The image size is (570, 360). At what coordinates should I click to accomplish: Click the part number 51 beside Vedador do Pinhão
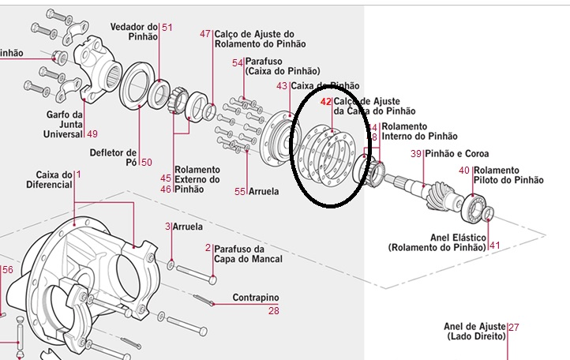[167, 27]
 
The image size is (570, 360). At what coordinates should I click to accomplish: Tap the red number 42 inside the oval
[326, 102]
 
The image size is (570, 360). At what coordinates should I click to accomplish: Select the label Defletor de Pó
[113, 157]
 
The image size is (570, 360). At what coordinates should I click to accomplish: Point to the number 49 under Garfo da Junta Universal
[92, 133]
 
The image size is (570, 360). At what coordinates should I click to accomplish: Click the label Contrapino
[256, 298]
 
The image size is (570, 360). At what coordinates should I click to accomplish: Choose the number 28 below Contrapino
[273, 311]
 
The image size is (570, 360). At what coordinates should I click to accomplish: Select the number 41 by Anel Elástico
[495, 246]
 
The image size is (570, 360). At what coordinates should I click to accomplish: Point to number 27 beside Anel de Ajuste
[514, 326]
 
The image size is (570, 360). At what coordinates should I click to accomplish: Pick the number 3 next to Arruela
[167, 227]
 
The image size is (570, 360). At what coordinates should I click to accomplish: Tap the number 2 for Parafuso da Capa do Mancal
[208, 247]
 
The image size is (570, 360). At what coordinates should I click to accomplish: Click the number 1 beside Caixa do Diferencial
[78, 174]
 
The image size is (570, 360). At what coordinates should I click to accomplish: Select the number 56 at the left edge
[7, 270]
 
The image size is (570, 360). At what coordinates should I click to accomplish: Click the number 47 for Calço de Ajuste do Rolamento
[205, 34]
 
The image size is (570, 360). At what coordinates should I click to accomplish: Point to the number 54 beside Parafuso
[237, 62]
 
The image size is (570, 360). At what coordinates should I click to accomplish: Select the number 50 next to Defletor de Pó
[146, 163]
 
